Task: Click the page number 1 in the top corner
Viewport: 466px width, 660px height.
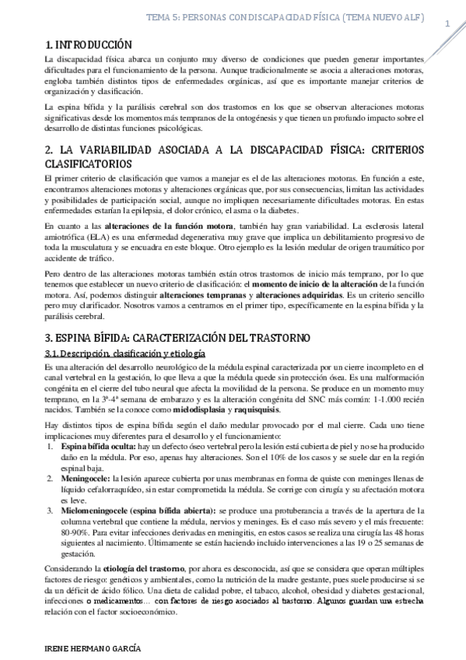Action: click(448, 23)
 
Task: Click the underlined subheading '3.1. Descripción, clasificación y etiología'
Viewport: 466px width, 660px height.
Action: click(124, 354)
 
